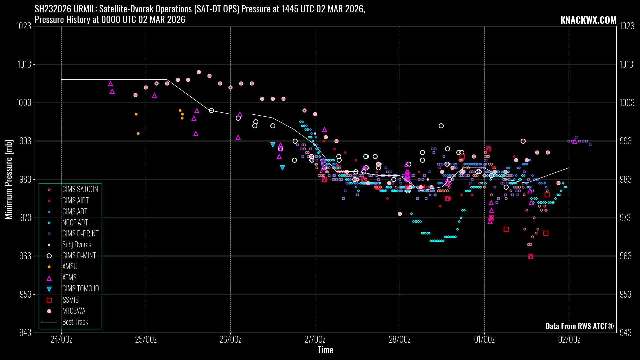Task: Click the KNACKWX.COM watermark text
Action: coord(588,20)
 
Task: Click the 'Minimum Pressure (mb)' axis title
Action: coord(9,179)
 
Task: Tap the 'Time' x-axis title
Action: coord(325,350)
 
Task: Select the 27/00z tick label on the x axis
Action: coord(315,340)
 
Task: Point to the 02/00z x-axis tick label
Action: coord(569,340)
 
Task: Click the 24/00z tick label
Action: coord(61,340)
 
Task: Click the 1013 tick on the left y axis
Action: coord(24,64)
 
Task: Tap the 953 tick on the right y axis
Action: coord(625,295)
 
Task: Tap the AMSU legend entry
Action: coord(70,267)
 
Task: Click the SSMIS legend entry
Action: coord(70,300)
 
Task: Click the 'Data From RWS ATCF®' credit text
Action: coord(579,326)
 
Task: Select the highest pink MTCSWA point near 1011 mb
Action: coord(199,72)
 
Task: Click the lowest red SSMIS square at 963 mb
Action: coord(531,256)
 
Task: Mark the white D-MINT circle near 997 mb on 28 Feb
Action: coord(441,126)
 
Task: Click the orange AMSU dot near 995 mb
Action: coord(138,134)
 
